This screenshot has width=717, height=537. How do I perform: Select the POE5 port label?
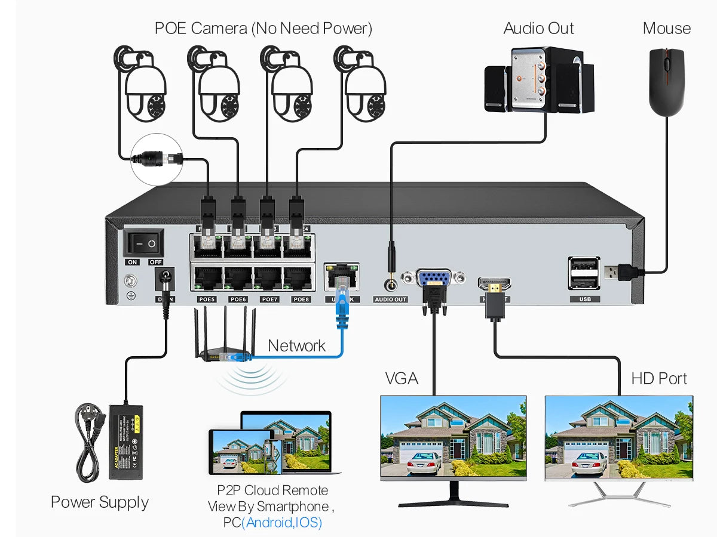click(206, 299)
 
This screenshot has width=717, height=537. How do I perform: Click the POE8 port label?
click(301, 299)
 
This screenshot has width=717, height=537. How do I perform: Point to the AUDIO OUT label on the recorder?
click(391, 299)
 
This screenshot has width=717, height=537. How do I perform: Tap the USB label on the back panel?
click(585, 298)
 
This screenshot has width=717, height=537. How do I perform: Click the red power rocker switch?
click(144, 243)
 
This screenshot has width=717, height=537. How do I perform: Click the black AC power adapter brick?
click(125, 442)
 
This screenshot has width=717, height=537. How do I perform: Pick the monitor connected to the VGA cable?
click(454, 439)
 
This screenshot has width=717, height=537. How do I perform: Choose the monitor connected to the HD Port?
click(618, 439)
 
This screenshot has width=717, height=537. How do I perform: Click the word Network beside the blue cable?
click(296, 345)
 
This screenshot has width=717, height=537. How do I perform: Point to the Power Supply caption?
click(99, 502)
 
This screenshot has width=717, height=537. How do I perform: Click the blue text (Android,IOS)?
click(282, 523)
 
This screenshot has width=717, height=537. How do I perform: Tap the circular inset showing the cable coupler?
click(157, 158)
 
